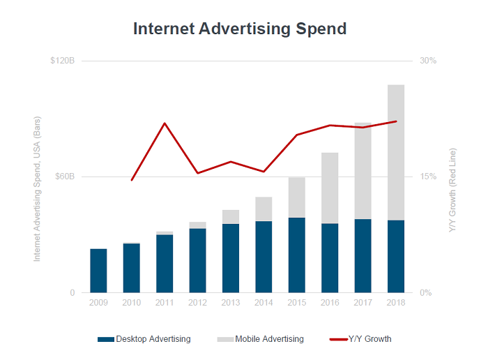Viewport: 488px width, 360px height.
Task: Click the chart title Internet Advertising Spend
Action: pos(240,29)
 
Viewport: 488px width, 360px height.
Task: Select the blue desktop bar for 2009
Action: pos(98,271)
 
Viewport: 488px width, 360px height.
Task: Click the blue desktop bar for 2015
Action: pos(297,255)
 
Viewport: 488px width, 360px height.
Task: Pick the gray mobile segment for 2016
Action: pos(330,188)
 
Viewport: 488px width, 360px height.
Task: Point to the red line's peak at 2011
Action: pos(165,123)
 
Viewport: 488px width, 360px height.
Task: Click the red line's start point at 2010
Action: pos(132,180)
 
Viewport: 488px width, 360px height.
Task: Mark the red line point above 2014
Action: pos(264,172)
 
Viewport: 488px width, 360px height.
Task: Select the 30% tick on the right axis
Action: pos(427,61)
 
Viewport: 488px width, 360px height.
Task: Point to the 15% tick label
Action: pos(427,177)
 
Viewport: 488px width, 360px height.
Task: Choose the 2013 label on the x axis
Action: pos(231,303)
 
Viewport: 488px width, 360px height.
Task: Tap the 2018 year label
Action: pos(396,303)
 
